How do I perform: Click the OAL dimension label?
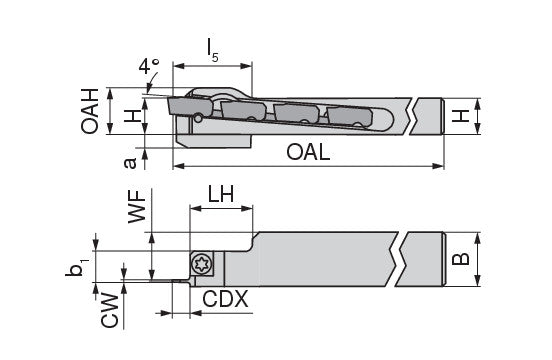pyautogui.click(x=308, y=152)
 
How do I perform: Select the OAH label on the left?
pyautogui.click(x=89, y=111)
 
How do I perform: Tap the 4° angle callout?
pyautogui.click(x=149, y=66)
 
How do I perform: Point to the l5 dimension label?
pyautogui.click(x=213, y=50)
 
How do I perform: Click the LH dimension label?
pyautogui.click(x=221, y=194)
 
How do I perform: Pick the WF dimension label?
pyautogui.click(x=137, y=207)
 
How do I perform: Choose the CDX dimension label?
pyautogui.click(x=225, y=299)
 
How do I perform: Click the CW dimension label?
pyautogui.click(x=109, y=310)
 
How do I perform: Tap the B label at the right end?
pyautogui.click(x=460, y=259)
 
